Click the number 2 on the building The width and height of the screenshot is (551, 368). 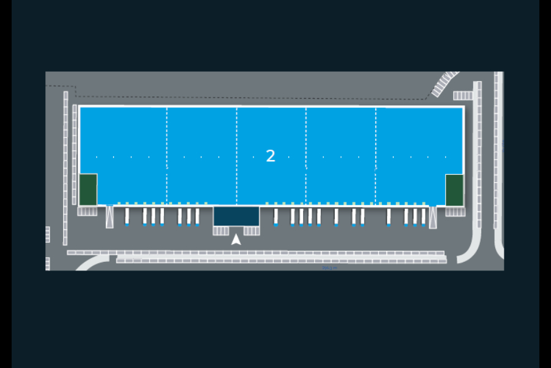coord(271,156)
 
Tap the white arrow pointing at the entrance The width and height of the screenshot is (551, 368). coord(236,239)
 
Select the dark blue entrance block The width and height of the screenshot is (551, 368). coord(236,216)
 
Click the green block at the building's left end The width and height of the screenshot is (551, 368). coord(88,190)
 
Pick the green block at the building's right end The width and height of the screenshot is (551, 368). coord(454,190)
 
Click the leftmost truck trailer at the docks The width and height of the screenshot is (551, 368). coord(127,217)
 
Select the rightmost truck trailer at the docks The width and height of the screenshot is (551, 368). coord(423,217)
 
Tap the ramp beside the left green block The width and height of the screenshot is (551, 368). coord(110,217)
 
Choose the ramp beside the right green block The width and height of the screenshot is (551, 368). coord(433,217)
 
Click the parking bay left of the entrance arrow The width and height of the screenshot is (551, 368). coord(220,231)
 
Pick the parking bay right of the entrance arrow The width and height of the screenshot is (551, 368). coord(252,231)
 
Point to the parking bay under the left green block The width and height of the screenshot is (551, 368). coord(88,211)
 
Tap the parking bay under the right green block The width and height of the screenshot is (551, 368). coord(454,211)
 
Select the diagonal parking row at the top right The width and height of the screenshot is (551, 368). coord(444,84)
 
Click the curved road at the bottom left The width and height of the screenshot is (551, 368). coord(92,262)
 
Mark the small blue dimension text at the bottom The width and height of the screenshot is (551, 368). coord(330,267)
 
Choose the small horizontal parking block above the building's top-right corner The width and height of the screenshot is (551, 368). coord(463,96)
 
